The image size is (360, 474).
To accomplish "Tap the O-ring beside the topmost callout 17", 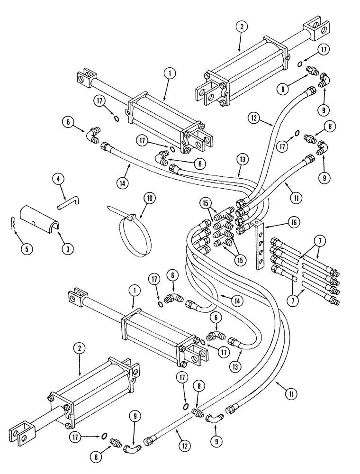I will [x=300, y=64].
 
